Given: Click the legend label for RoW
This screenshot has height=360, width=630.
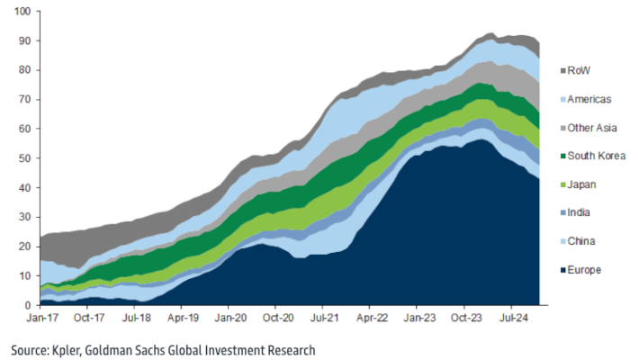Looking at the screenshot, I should click(580, 69).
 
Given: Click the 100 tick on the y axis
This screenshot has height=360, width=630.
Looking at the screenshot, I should click(22, 12).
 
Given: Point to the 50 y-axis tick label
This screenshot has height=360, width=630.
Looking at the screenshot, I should click(25, 158).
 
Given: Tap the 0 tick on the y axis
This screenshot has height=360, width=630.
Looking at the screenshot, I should click(28, 305).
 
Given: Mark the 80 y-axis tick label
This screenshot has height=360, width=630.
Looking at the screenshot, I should click(25, 70).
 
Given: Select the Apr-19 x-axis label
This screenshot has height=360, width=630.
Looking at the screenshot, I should click(183, 318).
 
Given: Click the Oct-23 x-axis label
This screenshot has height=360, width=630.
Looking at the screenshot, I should click(466, 318).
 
